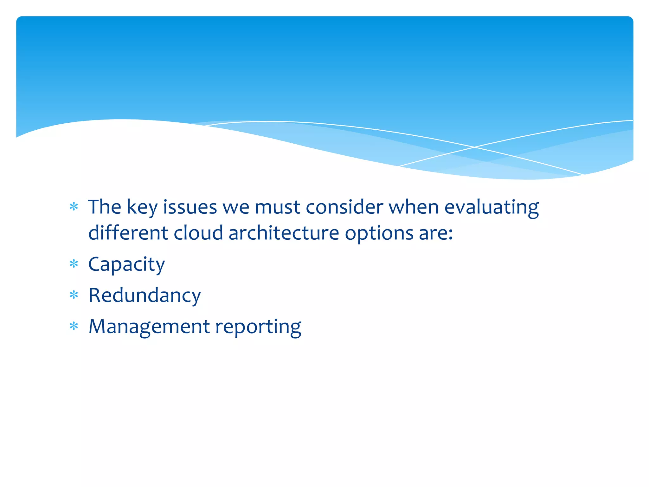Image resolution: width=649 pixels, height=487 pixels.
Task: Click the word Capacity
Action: [x=126, y=264]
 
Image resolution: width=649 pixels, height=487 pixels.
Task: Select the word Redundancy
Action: [x=145, y=295]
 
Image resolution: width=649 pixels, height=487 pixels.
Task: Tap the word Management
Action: [x=149, y=327]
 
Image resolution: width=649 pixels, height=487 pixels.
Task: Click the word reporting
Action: [x=258, y=327]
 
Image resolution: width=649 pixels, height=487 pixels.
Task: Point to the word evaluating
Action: [x=492, y=207]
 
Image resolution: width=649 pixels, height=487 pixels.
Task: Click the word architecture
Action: [x=284, y=233]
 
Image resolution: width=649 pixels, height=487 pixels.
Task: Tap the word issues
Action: [x=190, y=207]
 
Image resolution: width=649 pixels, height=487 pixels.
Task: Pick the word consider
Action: [x=344, y=207]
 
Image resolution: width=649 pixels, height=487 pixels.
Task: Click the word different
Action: [x=128, y=233]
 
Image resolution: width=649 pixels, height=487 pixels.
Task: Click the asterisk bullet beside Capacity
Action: [x=74, y=264]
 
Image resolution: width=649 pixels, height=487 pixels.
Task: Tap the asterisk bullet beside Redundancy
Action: [x=74, y=295]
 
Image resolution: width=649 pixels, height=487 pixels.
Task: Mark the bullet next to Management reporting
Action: [x=74, y=326]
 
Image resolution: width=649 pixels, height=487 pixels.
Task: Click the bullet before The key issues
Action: [x=74, y=207]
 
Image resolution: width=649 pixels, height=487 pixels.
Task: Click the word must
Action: [x=277, y=207]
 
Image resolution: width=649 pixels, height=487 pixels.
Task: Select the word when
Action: [x=414, y=207]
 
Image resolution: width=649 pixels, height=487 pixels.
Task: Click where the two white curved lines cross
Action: [x=474, y=147]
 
